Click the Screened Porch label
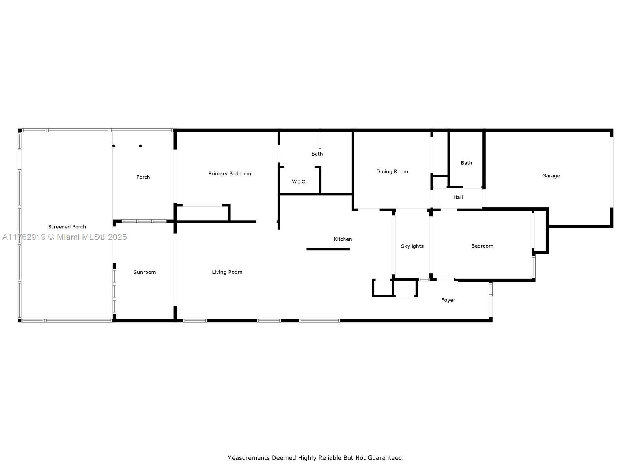[x=67, y=227]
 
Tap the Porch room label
[x=143, y=177]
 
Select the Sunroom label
[x=145, y=272]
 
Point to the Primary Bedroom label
[x=230, y=173]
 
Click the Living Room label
[x=227, y=272]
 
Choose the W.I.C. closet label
[x=299, y=182]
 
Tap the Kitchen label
[x=343, y=239]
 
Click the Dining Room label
[x=392, y=171]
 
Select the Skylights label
[x=412, y=246]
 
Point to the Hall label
[x=458, y=197]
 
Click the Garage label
[x=551, y=175]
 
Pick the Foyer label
[x=448, y=300]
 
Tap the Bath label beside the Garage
[x=466, y=163]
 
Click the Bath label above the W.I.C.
[x=317, y=154]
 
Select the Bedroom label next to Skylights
[x=482, y=246]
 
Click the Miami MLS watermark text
[x=64, y=237]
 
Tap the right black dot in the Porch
[x=140, y=146]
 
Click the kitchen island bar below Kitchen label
[x=328, y=249]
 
